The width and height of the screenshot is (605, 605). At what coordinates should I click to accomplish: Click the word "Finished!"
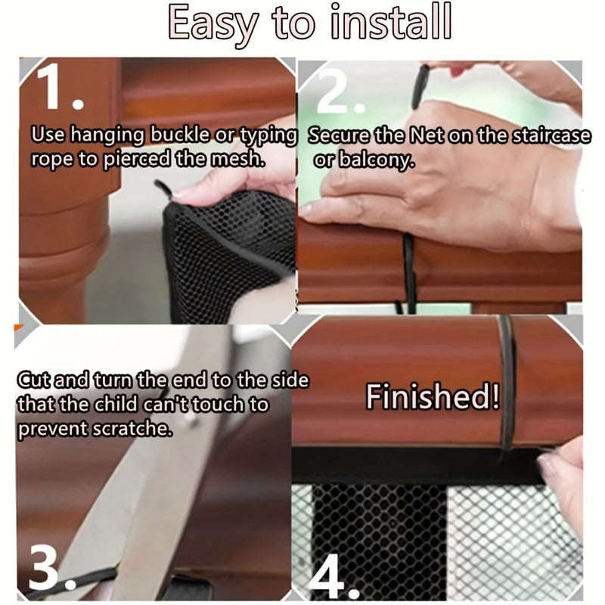tap(433, 397)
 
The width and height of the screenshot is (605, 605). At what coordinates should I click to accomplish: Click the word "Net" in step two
tap(427, 136)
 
